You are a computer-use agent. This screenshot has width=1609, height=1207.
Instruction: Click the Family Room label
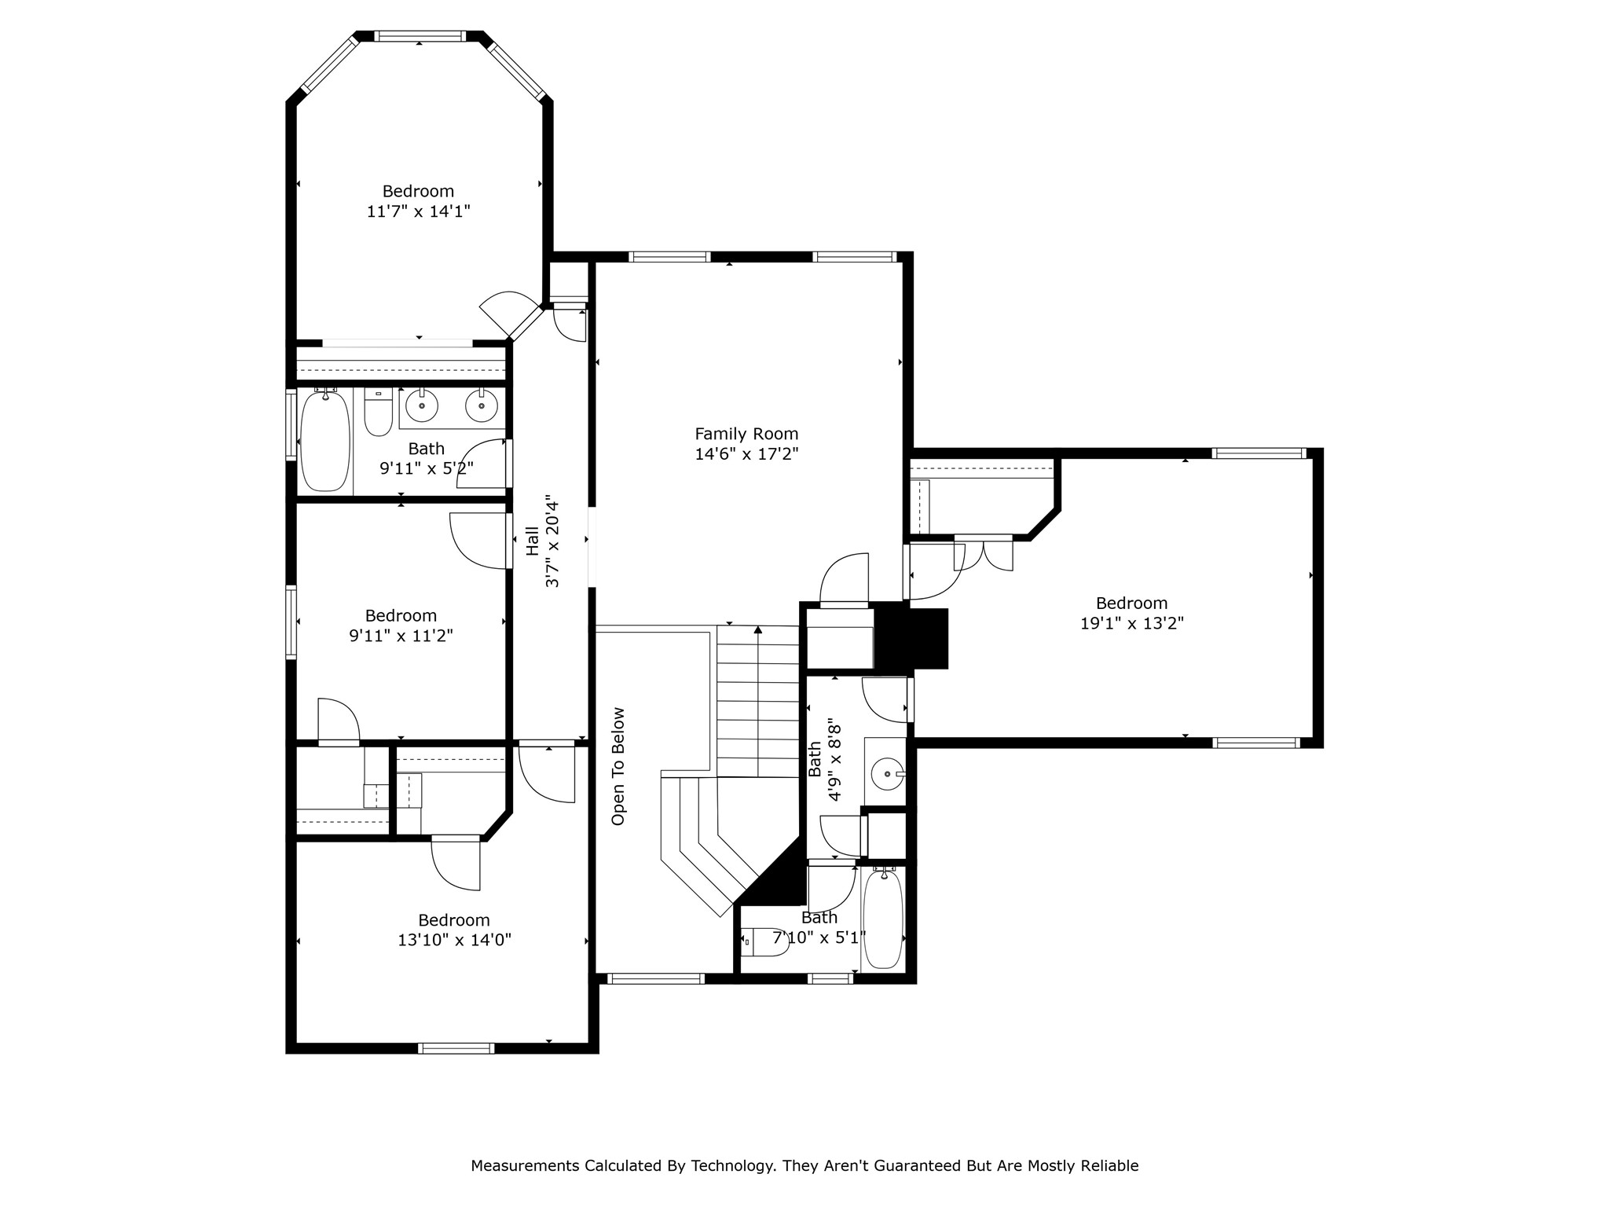pos(746,434)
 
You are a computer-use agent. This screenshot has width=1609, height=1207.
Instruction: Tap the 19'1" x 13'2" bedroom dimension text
pos(1131,624)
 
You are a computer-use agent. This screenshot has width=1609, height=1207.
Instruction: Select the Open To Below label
pos(618,766)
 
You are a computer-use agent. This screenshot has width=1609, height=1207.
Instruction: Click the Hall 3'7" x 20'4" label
pos(543,545)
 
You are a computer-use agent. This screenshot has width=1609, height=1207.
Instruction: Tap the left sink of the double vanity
pos(422,405)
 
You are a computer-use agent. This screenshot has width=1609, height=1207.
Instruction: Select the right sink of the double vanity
pos(481,405)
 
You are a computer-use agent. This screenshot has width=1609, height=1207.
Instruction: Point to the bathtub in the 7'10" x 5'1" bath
pos(883,919)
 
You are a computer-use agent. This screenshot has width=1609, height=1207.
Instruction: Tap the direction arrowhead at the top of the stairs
pos(758,629)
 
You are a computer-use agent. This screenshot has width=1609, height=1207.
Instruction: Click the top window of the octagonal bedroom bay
pos(419,36)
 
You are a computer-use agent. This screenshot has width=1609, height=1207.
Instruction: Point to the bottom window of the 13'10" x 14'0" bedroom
pos(456,1047)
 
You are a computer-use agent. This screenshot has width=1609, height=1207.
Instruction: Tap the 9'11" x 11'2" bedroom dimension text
pos(401,636)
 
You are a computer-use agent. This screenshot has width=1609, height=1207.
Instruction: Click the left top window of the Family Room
pos(669,257)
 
